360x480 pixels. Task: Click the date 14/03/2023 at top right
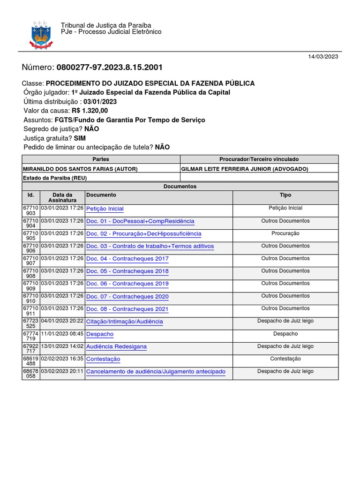(322, 56)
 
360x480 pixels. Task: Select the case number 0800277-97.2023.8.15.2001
(109, 67)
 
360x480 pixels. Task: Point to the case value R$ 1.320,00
(90, 111)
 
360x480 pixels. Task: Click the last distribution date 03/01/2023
(100, 102)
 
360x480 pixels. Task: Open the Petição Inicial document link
(105, 209)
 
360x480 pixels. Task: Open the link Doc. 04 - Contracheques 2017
(127, 259)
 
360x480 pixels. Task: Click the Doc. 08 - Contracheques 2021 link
(127, 309)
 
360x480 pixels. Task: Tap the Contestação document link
(103, 359)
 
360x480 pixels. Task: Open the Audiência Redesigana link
(116, 347)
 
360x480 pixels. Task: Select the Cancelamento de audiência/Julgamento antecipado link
(156, 372)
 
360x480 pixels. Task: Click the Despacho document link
(100, 334)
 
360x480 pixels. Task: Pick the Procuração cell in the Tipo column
(285, 233)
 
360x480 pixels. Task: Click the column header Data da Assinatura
(62, 197)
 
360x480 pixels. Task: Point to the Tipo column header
(285, 195)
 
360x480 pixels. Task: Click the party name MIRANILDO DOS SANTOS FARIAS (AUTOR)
(80, 169)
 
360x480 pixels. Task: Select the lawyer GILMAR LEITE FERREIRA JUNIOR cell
(244, 169)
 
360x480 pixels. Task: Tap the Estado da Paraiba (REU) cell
(55, 178)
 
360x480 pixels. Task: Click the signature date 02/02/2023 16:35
(62, 359)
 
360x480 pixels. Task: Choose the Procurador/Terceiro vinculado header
(259, 159)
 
